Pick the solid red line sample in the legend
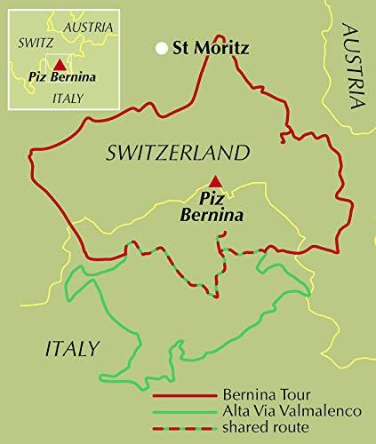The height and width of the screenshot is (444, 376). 182,397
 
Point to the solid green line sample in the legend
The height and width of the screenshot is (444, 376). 182,411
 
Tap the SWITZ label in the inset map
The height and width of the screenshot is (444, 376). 34,42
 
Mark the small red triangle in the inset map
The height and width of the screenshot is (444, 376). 59,65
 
